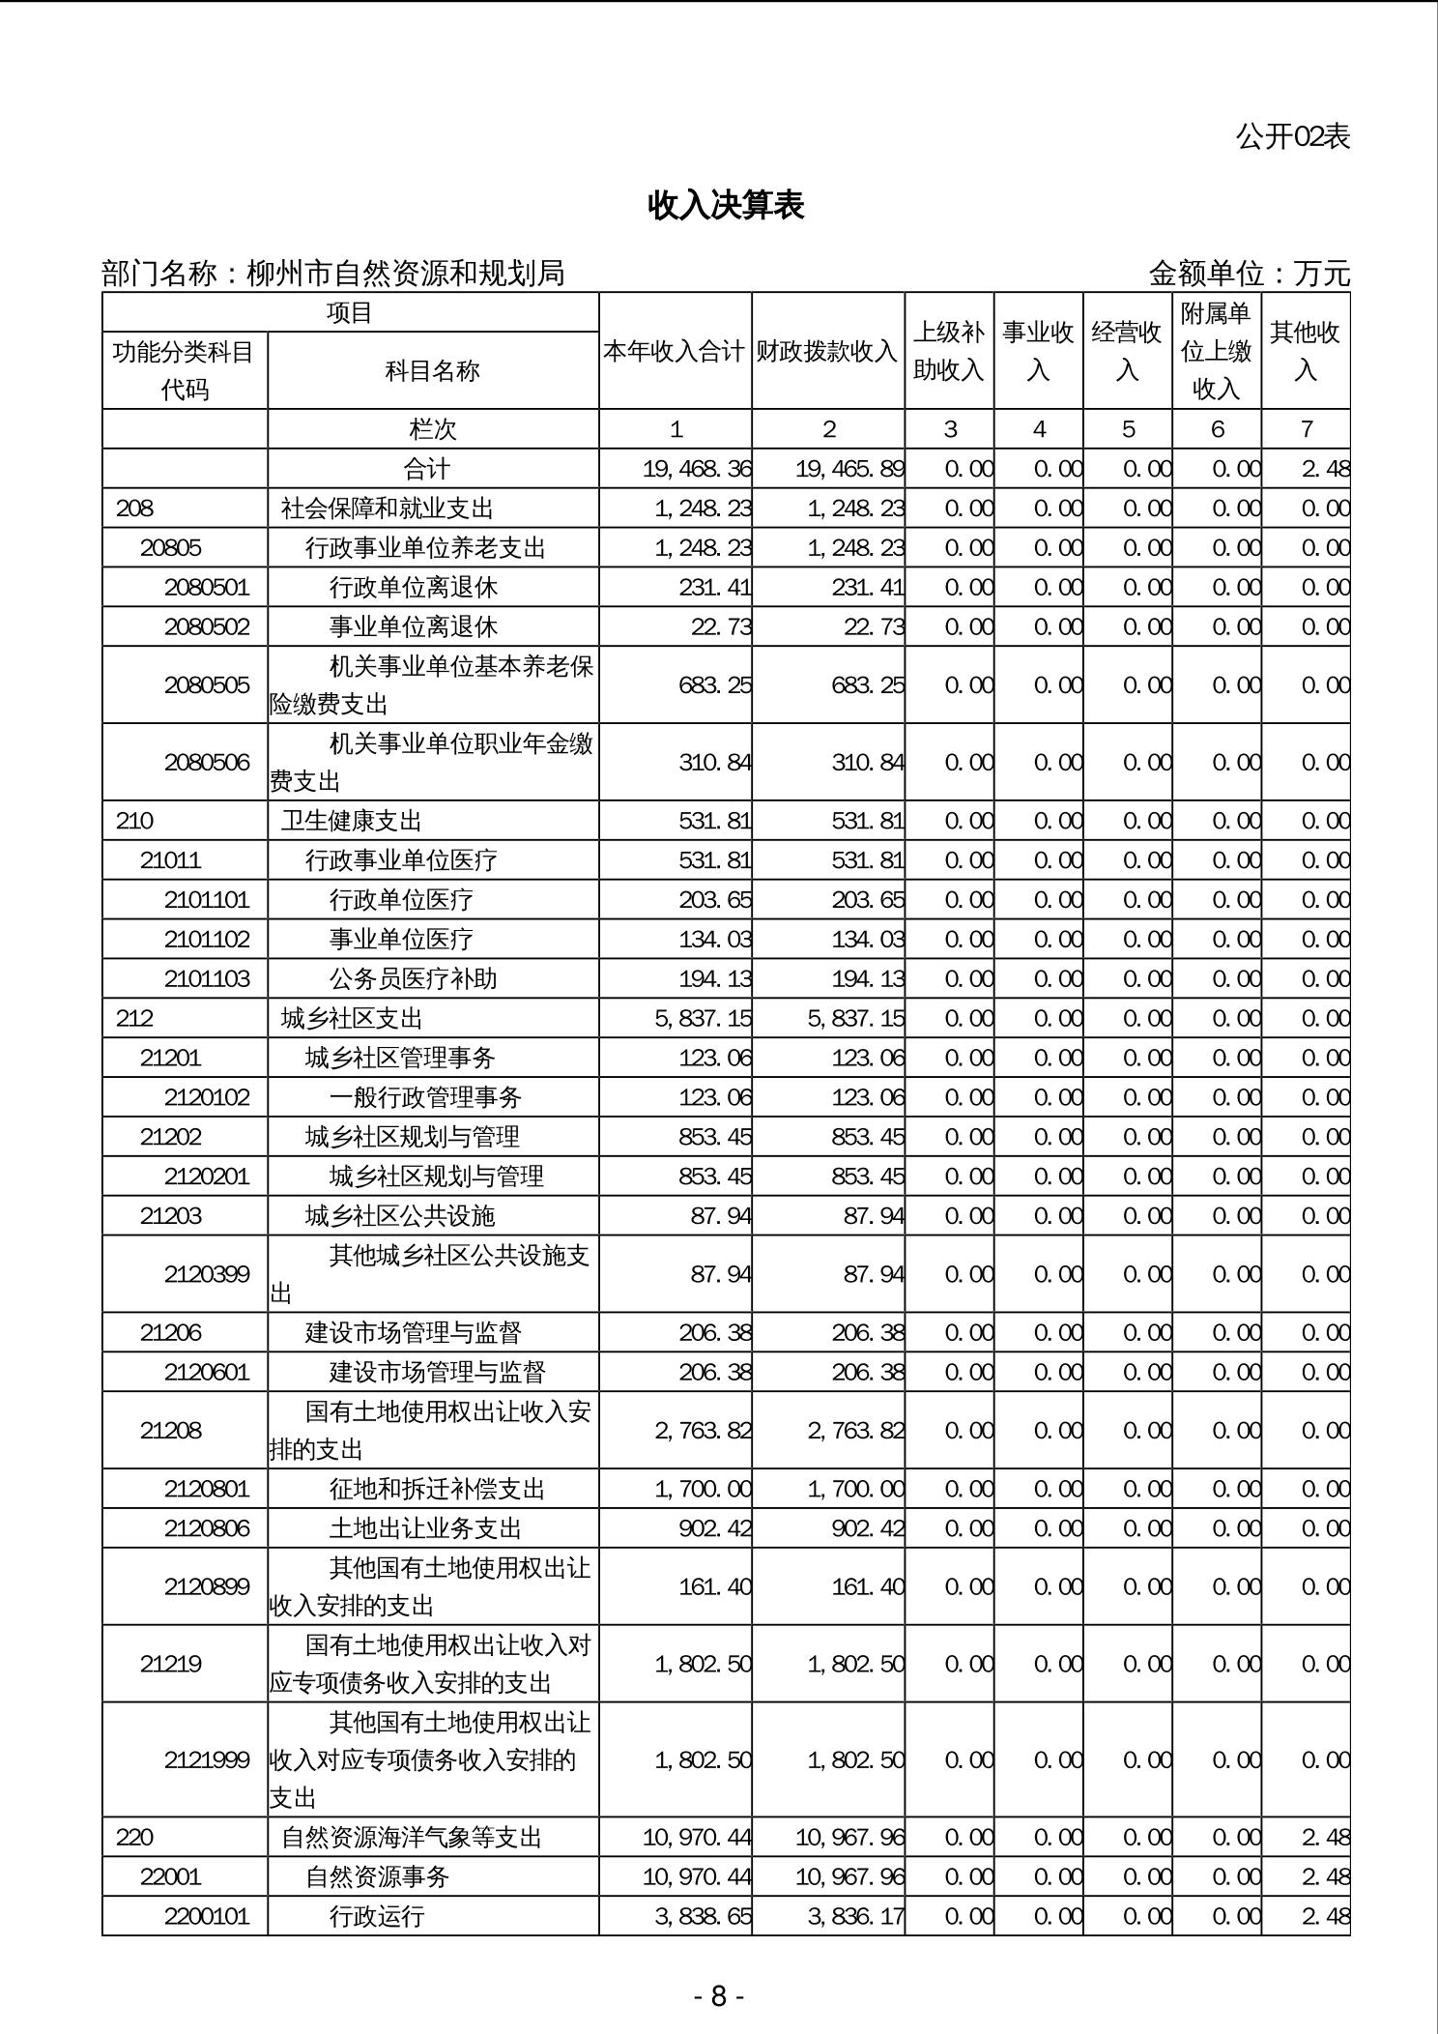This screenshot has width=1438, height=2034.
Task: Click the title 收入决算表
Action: point(726,205)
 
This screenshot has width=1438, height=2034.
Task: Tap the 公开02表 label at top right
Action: point(1292,136)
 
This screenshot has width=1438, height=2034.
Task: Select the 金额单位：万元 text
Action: point(1249,274)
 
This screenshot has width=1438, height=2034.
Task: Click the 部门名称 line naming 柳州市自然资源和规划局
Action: point(333,274)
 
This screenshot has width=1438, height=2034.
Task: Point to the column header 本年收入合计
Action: point(675,351)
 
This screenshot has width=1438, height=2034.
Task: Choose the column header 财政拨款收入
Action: point(827,351)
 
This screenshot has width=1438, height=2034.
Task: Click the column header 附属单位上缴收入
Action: point(1216,351)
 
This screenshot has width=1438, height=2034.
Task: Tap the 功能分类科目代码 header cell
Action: point(184,370)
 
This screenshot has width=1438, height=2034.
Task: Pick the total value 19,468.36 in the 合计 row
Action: point(697,469)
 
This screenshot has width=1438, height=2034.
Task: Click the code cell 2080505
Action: point(207,684)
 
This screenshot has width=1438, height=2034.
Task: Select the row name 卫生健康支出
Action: point(352,821)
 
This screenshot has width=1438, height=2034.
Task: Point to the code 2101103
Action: point(207,978)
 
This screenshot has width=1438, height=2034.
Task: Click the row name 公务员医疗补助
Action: point(413,978)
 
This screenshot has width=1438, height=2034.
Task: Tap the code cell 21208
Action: point(171,1430)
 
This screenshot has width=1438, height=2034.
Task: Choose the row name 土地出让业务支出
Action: point(425,1527)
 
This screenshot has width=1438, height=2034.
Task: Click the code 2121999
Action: point(207,1759)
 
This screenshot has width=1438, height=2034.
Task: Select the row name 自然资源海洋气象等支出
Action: point(412,1837)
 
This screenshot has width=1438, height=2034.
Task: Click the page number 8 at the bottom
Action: point(718,1996)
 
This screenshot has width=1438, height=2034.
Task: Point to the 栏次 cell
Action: point(432,429)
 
